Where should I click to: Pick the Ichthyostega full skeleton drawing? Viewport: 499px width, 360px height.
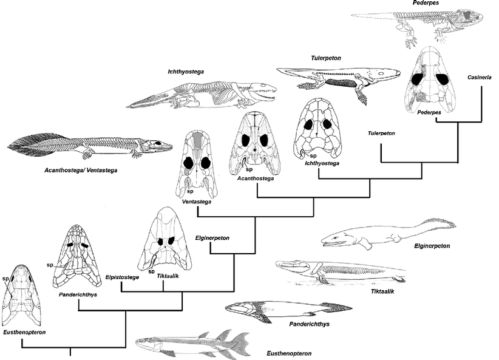pos(203,95)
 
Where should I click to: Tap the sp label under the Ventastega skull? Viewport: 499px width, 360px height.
pos(189,192)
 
